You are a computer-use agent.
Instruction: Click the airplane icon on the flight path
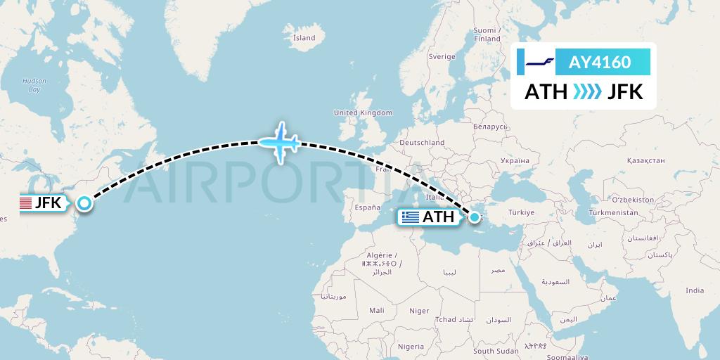click(x=281, y=143)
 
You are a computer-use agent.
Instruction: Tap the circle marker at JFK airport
click(x=84, y=204)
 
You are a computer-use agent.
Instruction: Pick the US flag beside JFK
click(x=26, y=204)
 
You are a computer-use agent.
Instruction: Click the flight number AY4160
click(x=599, y=63)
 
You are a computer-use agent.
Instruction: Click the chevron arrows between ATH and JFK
click(x=587, y=91)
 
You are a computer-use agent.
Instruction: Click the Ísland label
click(x=304, y=37)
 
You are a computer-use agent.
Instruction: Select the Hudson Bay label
click(x=34, y=85)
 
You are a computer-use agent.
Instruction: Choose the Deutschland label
click(x=422, y=143)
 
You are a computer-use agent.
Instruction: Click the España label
click(x=366, y=207)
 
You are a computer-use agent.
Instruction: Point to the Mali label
click(x=376, y=309)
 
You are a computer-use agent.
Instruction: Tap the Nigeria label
click(x=411, y=346)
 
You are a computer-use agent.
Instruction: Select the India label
click(x=695, y=290)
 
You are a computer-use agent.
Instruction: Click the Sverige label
click(x=442, y=56)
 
